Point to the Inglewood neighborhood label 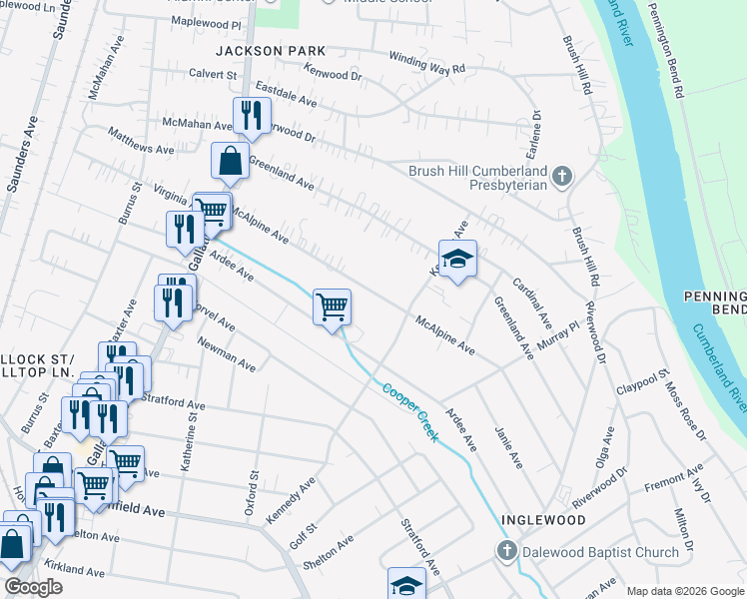pos(543,520)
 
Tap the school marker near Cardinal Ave pos(457,260)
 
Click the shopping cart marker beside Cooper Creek pos(332,306)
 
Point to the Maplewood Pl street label pos(207,21)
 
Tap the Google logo pos(33,587)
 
